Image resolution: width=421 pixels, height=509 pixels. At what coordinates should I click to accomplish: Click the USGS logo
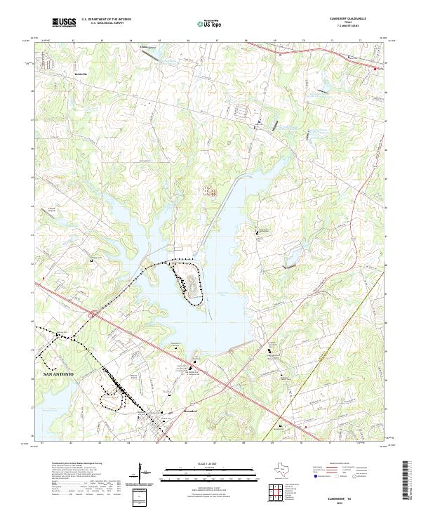64,23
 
